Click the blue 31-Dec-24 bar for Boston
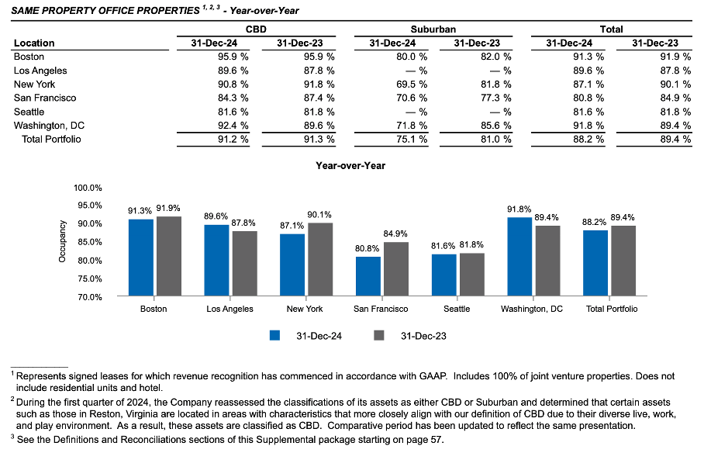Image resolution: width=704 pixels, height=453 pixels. point(140,258)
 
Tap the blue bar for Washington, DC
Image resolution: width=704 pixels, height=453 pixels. point(520,257)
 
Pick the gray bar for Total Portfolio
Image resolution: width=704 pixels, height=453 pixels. point(623,261)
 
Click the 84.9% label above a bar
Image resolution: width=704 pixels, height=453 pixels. point(395,233)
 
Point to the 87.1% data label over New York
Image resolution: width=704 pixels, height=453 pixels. point(292,225)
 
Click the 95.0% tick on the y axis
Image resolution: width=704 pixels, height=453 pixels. point(88,206)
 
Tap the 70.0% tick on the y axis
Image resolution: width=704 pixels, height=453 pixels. point(88,297)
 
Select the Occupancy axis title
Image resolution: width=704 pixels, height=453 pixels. point(63,242)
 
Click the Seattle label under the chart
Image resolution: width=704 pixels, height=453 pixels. point(457,309)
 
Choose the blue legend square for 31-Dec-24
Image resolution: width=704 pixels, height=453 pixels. point(274,335)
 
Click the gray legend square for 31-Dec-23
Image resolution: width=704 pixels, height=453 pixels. point(379,335)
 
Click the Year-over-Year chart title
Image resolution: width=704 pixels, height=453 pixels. point(350,165)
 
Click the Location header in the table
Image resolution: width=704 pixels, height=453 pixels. point(34,43)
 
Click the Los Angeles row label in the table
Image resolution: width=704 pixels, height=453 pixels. point(40,70)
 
